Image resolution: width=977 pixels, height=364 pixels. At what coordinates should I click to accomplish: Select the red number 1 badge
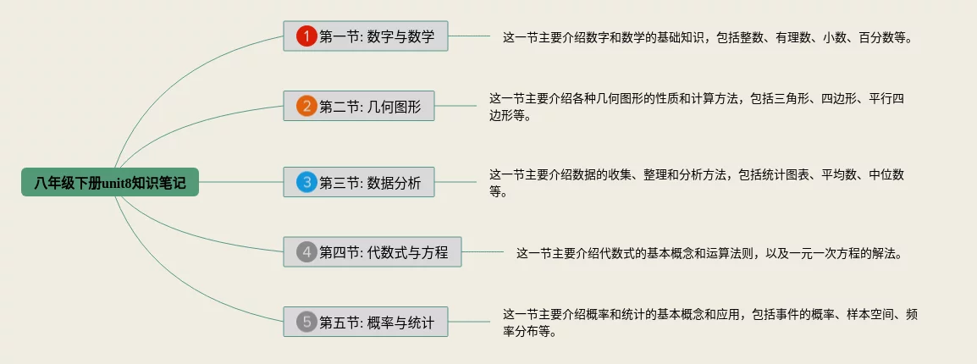click(306, 36)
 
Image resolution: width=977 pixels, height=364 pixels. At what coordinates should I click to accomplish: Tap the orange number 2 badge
click(306, 107)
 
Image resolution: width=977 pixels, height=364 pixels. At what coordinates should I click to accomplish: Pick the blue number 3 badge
click(306, 182)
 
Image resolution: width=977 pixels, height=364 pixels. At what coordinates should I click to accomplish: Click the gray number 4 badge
click(306, 251)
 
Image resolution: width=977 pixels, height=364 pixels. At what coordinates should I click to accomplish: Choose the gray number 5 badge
click(306, 322)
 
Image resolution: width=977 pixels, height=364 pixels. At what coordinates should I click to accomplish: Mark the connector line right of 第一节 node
click(469, 36)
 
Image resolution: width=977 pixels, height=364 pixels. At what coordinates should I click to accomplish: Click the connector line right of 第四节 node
click(483, 251)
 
